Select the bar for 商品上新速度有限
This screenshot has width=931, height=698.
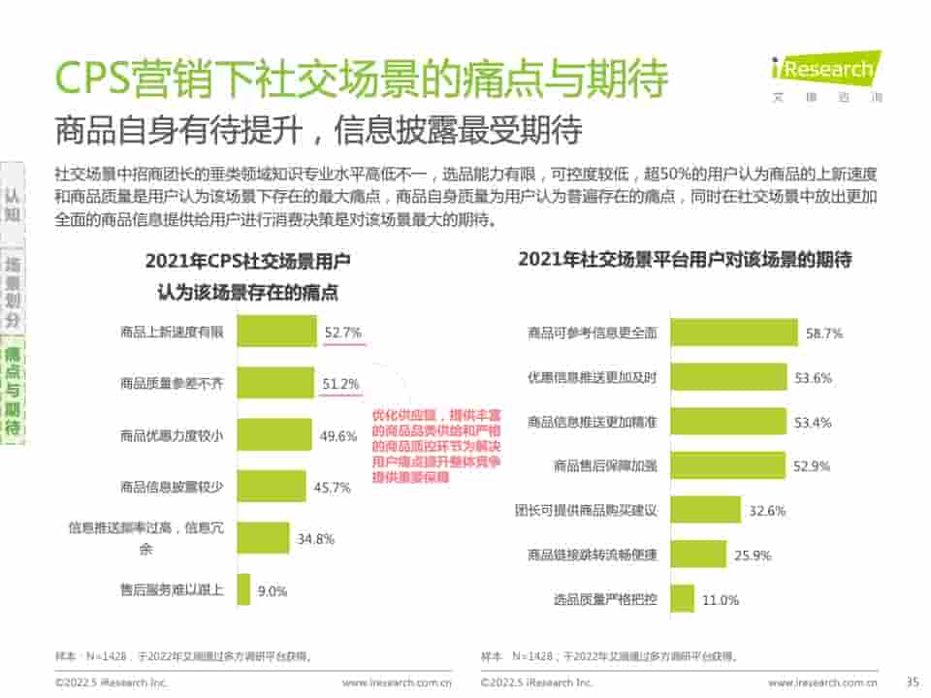coord(276,332)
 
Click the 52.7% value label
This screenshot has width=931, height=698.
coord(343,333)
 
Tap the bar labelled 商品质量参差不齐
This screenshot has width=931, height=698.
coord(274,384)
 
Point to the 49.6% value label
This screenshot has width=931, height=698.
coord(338,436)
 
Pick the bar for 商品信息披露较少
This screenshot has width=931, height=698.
coord(271,487)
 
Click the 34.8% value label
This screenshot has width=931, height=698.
coord(316,538)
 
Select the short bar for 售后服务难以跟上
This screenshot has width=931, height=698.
coord(243,589)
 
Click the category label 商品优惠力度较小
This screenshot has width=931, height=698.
coord(172,436)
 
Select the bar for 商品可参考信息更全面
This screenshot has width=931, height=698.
coord(734,333)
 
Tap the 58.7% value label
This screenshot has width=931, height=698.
coord(824,333)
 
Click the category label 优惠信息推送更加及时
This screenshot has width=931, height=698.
coord(592,377)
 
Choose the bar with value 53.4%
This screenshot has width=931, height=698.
coord(728,422)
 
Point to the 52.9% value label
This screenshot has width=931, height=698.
coord(812,466)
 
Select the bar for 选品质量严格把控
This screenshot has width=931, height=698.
coord(683,599)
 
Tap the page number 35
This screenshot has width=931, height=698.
coord(911,682)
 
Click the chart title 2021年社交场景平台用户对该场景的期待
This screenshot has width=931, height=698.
coord(685,260)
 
